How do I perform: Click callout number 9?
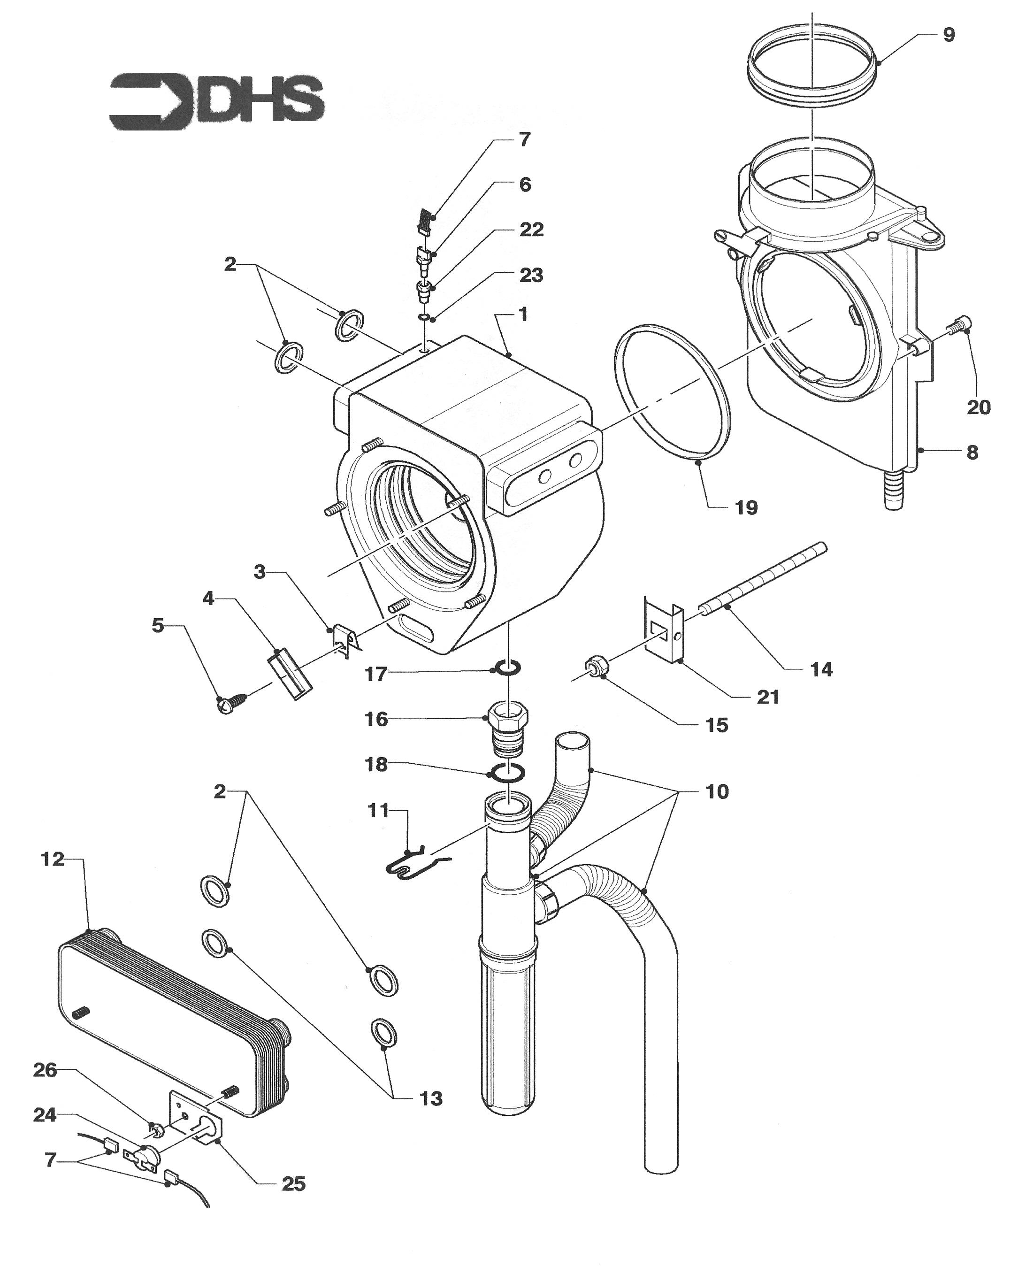[x=949, y=35]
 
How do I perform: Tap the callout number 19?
[x=747, y=507]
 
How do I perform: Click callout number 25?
[x=293, y=1183]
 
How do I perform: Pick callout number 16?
[x=376, y=719]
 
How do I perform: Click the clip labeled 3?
[x=346, y=638]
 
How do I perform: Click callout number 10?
[x=717, y=791]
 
